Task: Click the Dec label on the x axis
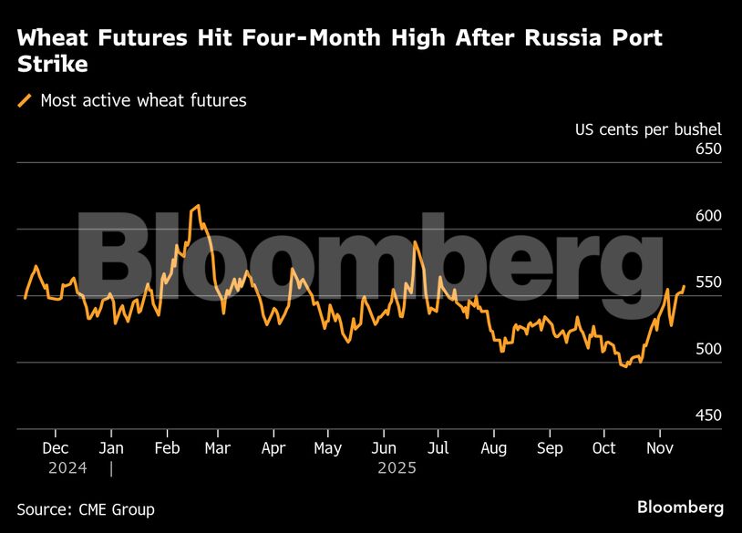(x=56, y=448)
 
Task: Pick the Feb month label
(x=166, y=448)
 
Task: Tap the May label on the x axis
(x=327, y=448)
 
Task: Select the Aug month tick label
(x=493, y=448)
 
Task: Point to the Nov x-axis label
(x=659, y=448)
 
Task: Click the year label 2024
(x=67, y=468)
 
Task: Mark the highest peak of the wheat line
(x=197, y=206)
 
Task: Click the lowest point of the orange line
(x=625, y=366)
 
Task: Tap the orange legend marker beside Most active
(x=26, y=100)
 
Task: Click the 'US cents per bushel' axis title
(x=647, y=128)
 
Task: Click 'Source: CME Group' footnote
(x=86, y=509)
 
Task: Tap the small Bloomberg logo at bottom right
(x=680, y=507)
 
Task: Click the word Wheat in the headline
(x=52, y=39)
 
